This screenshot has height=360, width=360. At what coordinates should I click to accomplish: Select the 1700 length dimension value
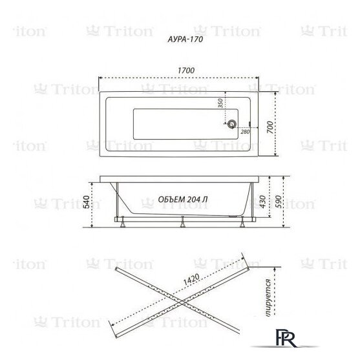tap(187, 70)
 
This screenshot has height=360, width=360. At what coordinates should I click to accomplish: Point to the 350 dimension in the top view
tap(220, 106)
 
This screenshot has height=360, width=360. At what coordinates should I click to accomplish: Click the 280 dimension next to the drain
tap(245, 132)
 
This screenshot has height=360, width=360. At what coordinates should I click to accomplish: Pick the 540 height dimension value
tap(83, 202)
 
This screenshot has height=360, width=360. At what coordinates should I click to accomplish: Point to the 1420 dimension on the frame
tap(192, 280)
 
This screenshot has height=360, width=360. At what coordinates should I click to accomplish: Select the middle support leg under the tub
tap(184, 223)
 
